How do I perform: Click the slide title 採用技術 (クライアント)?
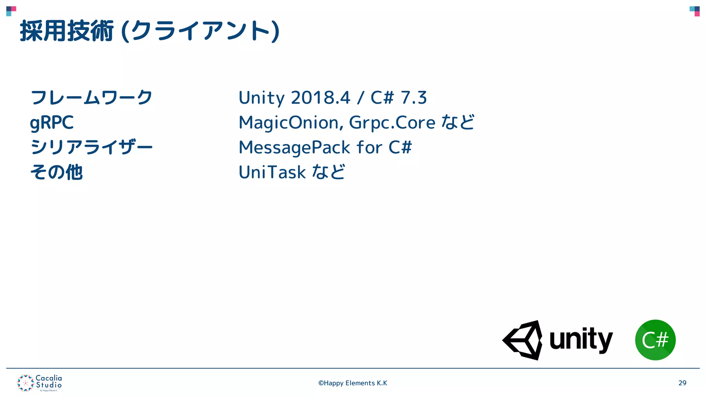(149, 31)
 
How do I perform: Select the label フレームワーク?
(91, 98)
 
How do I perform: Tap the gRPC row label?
(52, 123)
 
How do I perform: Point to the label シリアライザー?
(91, 147)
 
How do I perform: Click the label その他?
(57, 172)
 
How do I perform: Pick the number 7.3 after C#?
(414, 98)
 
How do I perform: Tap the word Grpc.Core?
(392, 123)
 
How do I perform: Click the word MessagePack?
(294, 147)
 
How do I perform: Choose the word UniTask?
(272, 172)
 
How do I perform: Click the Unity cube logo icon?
(523, 340)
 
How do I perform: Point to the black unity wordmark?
(581, 340)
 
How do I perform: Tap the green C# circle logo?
(655, 340)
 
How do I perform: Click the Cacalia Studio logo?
(40, 383)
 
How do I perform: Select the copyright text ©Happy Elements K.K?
(353, 383)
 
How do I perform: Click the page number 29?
(682, 383)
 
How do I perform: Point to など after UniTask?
(328, 172)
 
